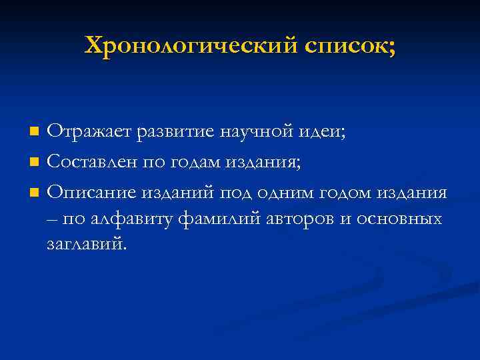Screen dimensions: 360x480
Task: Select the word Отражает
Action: point(90,131)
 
